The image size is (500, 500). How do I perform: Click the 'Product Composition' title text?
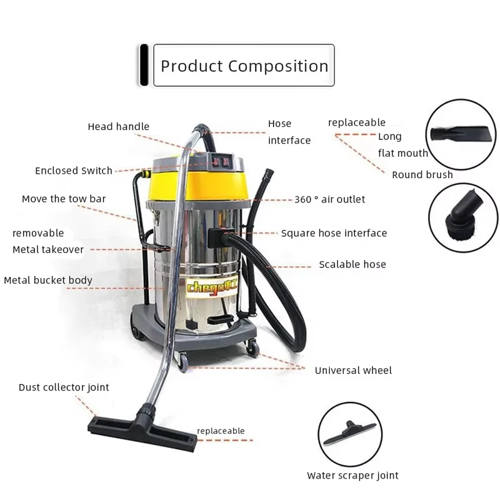pos(244,66)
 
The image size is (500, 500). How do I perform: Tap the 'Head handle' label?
pos(118,127)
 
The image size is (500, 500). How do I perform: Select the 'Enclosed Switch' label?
pos(74,171)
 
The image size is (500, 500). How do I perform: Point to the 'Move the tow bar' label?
pos(64,199)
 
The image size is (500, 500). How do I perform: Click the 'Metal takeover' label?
pos(48,249)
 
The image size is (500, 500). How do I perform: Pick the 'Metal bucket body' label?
pos(48,280)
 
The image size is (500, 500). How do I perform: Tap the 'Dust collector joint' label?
pos(64,387)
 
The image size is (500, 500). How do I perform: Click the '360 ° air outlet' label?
pos(329,199)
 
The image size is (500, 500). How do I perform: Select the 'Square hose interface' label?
pos(334,233)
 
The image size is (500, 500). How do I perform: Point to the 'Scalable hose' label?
pos(352,264)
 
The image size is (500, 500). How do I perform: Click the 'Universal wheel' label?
pos(353,371)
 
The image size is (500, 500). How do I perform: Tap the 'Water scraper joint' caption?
pos(352,476)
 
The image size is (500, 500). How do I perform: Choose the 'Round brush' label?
pos(422,175)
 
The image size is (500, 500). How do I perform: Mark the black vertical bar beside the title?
pos(144,65)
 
